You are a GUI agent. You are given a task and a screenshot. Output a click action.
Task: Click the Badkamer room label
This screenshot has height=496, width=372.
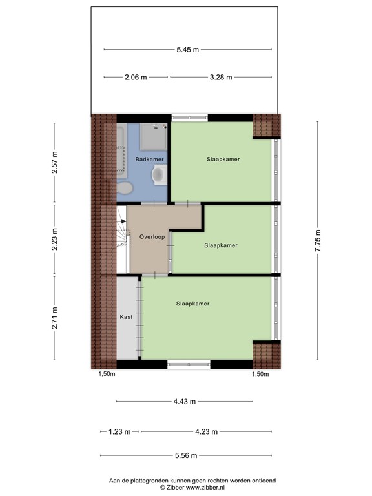[x=149, y=159]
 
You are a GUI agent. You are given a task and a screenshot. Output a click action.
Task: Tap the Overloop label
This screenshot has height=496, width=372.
[x=152, y=238]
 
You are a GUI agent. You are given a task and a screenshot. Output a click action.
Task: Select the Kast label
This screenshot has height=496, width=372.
[x=125, y=317]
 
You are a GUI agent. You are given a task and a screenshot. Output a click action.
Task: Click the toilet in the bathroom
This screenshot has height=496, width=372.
[x=125, y=188]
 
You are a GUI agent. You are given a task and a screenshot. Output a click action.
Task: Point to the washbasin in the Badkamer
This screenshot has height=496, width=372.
[x=159, y=174]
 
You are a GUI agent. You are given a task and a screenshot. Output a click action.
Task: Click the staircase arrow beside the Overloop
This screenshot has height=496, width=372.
[x=122, y=222]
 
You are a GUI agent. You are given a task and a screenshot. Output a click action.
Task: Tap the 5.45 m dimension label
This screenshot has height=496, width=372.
[x=187, y=49]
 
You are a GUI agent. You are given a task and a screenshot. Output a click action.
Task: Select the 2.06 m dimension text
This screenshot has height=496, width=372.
[x=136, y=77]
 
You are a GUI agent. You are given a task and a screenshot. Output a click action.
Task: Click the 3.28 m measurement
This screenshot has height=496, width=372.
[x=220, y=77]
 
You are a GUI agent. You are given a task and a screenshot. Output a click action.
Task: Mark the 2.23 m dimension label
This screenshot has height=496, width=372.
[x=54, y=238]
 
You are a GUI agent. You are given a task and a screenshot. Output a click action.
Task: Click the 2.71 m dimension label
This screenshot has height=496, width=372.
[x=54, y=317]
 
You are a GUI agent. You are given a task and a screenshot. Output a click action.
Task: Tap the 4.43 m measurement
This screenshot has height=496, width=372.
[x=185, y=402]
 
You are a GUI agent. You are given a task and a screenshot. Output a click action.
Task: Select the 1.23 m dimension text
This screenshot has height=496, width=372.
[x=120, y=431]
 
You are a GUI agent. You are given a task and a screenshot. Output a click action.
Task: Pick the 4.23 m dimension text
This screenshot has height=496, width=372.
[x=206, y=431]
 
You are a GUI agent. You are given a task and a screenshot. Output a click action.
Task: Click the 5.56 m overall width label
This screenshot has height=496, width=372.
[x=185, y=456]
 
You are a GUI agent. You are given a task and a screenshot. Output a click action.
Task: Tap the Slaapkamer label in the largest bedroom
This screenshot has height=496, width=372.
[x=193, y=303]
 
